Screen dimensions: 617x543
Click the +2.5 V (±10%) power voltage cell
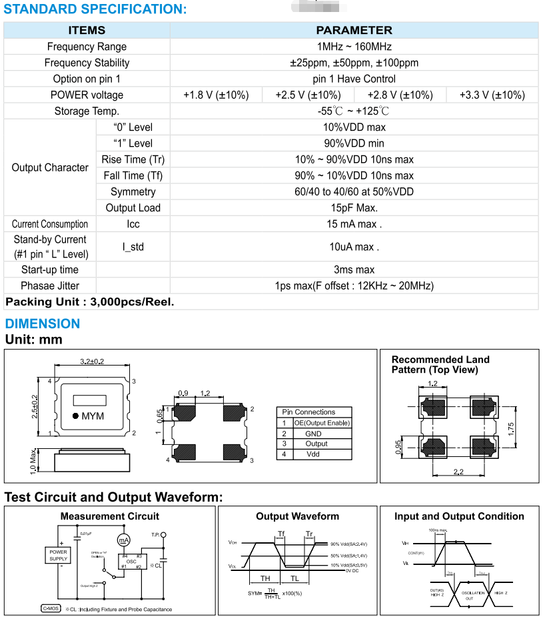[x=308, y=95]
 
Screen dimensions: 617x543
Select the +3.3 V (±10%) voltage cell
[x=492, y=95]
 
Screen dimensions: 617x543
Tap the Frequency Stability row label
[x=87, y=63]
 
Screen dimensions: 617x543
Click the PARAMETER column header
[x=354, y=30]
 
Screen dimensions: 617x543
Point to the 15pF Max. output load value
[x=354, y=208]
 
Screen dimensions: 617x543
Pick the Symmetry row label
[x=133, y=192]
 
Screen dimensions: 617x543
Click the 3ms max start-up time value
[x=354, y=270]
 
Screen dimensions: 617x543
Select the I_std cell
[x=133, y=247]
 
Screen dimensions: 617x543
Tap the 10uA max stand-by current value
[x=354, y=247]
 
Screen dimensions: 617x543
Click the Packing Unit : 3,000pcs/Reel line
[x=90, y=301]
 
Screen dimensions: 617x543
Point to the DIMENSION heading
[x=43, y=324]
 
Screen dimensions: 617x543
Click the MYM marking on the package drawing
[x=93, y=416]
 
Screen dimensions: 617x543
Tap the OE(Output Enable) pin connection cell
[x=322, y=423]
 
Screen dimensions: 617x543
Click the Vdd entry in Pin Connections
[x=313, y=454]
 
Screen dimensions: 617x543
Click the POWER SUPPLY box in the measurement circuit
[x=58, y=556]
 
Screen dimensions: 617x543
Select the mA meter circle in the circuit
[x=124, y=540]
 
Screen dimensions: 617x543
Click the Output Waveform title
[x=297, y=516]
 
